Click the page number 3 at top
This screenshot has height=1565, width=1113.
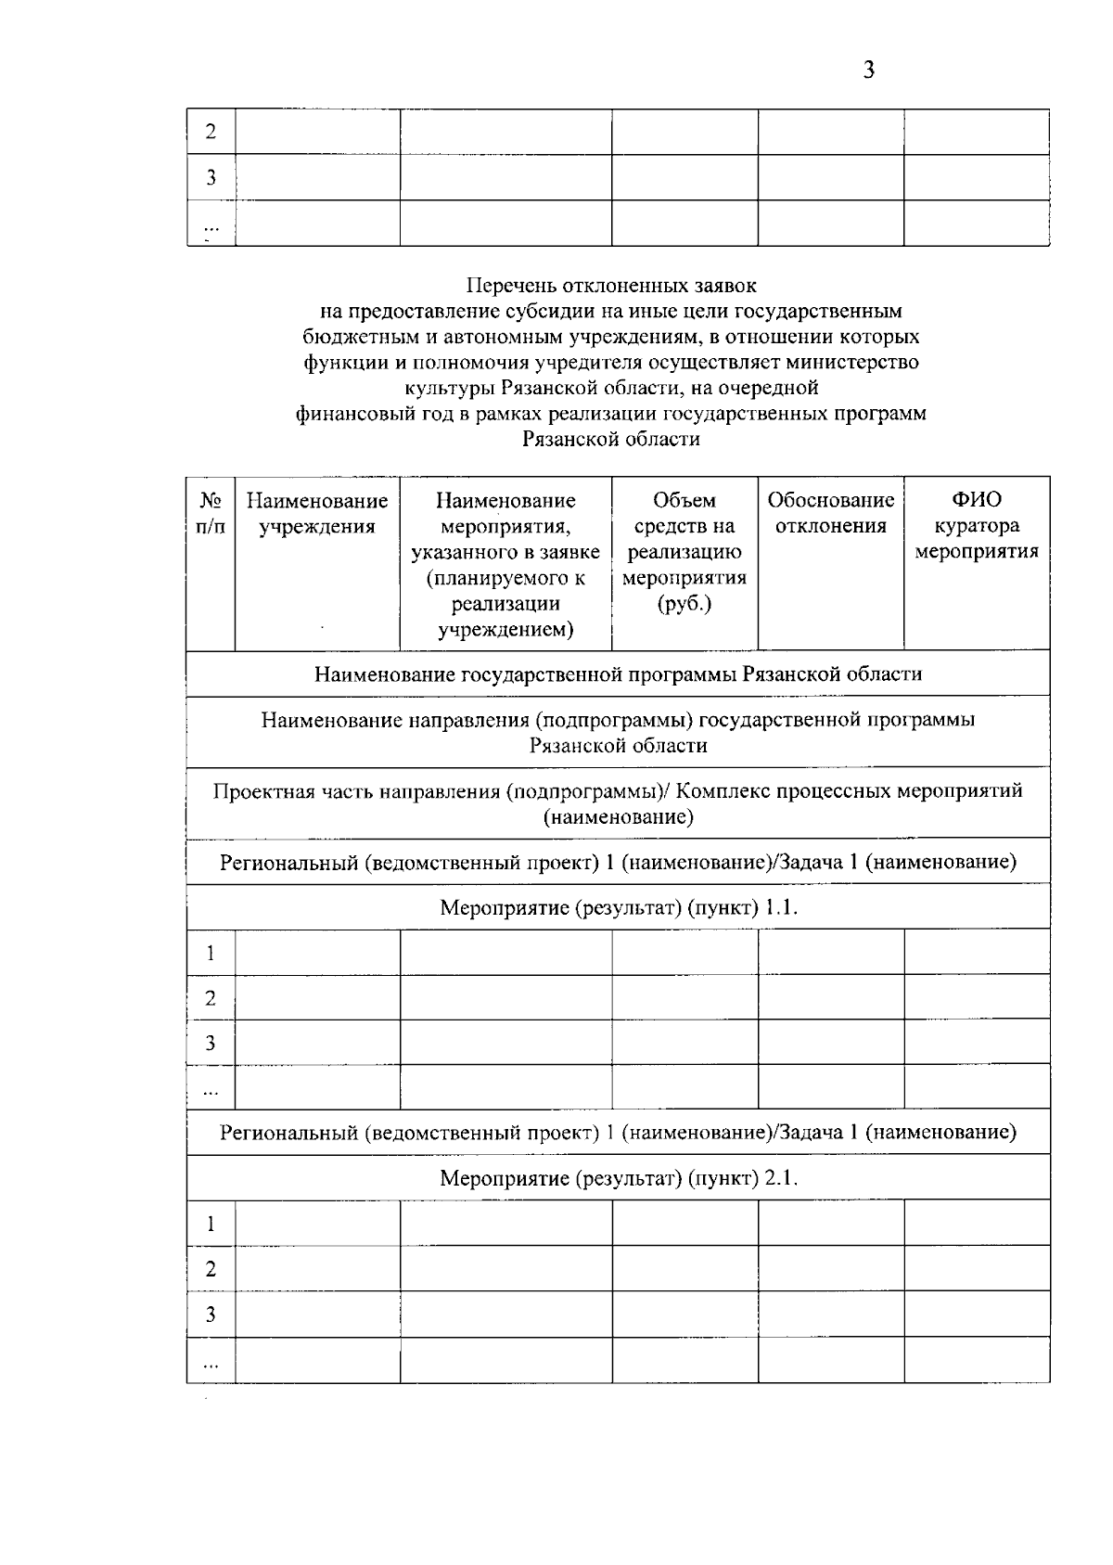pos(868,71)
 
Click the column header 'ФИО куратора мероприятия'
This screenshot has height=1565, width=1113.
pos(977,526)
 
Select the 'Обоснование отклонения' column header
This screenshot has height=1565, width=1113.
pos(830,513)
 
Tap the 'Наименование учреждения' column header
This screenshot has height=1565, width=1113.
pos(317,514)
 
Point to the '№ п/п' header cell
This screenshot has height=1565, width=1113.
pos(211,514)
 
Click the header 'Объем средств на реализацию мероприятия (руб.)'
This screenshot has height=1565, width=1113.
pos(684,552)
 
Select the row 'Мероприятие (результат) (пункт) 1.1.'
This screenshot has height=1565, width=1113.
pos(619,907)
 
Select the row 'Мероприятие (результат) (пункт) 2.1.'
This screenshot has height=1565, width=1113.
pos(619,1178)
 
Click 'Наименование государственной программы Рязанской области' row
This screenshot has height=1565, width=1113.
pos(618,673)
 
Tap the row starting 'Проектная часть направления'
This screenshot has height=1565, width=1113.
pos(618,803)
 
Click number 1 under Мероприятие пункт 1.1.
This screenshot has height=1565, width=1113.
pos(211,953)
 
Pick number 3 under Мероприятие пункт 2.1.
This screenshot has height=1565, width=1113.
pos(211,1314)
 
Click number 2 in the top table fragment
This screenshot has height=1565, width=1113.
pos(211,132)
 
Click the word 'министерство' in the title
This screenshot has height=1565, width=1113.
pos(860,362)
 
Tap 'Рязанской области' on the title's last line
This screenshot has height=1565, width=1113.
pos(611,440)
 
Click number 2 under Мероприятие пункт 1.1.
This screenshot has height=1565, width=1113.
pos(211,998)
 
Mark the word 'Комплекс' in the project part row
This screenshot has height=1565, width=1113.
pos(724,791)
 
